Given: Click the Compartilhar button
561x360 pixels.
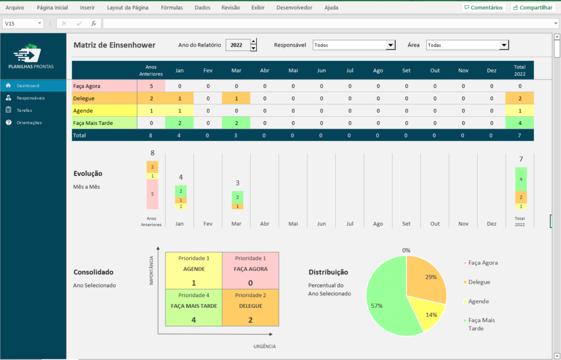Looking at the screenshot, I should (532, 8).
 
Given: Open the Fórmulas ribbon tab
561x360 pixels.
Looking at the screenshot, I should (172, 8).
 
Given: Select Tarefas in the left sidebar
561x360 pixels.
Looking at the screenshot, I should (24, 110).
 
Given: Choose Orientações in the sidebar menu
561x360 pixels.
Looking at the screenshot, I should (28, 122).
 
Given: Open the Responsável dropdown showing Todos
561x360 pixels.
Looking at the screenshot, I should (354, 45).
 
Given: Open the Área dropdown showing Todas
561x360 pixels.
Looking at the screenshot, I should (467, 45).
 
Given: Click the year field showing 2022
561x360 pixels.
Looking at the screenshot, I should (237, 45).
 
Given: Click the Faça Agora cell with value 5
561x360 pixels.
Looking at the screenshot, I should (151, 86).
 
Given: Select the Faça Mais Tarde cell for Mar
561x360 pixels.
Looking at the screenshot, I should (236, 123).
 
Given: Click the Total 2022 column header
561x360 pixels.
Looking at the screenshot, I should (519, 70).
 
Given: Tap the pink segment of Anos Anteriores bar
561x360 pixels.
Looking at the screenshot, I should (152, 194).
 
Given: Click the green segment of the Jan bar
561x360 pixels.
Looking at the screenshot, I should (180, 191).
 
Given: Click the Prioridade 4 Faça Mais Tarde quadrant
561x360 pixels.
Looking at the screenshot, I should (193, 307).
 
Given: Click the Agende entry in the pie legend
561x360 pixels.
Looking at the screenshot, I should (479, 301).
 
